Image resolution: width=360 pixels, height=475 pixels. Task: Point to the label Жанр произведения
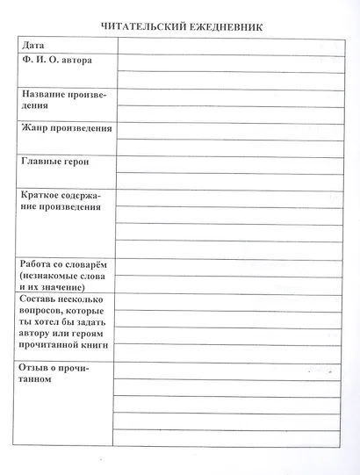[x=66, y=128]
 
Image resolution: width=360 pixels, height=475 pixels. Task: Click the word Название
[x=44, y=94]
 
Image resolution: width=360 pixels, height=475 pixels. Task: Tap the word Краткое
[x=41, y=194]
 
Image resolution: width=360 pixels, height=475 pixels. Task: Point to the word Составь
[x=40, y=299]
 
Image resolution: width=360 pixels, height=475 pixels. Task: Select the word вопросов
[x=44, y=312]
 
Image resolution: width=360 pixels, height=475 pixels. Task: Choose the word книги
[x=94, y=347]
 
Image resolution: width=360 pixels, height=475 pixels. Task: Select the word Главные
[x=41, y=162]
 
